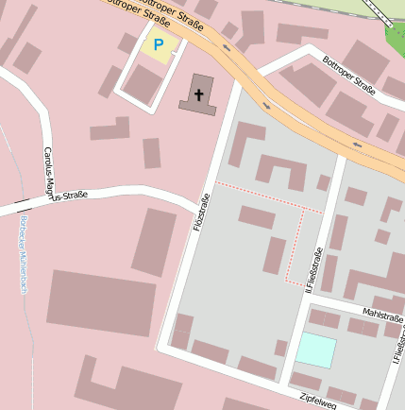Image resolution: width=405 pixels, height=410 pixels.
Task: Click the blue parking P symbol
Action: click(158, 43)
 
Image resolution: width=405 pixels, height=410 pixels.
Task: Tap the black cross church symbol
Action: click(199, 94)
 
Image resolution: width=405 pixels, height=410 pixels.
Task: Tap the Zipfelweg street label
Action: click(318, 401)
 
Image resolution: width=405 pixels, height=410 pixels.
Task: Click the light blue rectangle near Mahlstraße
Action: click(315, 350)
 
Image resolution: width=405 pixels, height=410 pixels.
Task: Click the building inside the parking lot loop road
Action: click(143, 84)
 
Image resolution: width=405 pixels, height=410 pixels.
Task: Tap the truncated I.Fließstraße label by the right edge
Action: click(398, 349)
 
